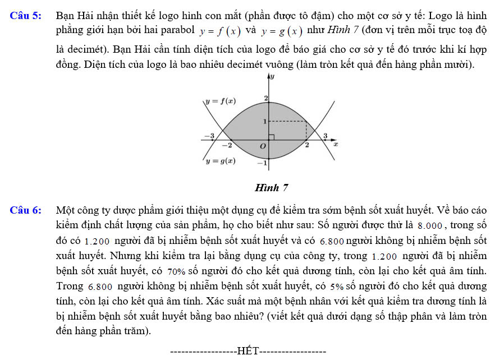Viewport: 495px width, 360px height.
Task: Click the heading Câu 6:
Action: click(x=25, y=211)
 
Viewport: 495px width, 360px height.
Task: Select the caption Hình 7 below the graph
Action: click(x=272, y=188)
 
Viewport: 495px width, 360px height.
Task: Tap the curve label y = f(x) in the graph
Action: click(x=220, y=101)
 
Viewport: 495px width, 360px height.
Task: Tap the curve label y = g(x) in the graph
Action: click(x=220, y=161)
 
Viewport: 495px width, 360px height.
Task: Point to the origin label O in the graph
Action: click(x=262, y=146)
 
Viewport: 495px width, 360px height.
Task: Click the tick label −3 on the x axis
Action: click(x=208, y=136)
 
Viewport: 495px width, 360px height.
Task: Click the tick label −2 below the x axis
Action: click(x=227, y=145)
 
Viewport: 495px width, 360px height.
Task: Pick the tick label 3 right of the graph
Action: click(x=325, y=136)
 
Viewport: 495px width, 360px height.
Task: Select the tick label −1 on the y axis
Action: click(x=261, y=163)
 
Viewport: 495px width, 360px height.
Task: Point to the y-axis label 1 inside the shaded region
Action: click(x=264, y=121)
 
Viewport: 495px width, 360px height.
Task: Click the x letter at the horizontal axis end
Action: click(x=336, y=145)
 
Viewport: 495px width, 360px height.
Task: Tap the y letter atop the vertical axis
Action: click(x=272, y=76)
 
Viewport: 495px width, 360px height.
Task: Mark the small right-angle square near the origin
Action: click(x=271, y=137)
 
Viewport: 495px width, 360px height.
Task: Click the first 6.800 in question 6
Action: click(x=332, y=241)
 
